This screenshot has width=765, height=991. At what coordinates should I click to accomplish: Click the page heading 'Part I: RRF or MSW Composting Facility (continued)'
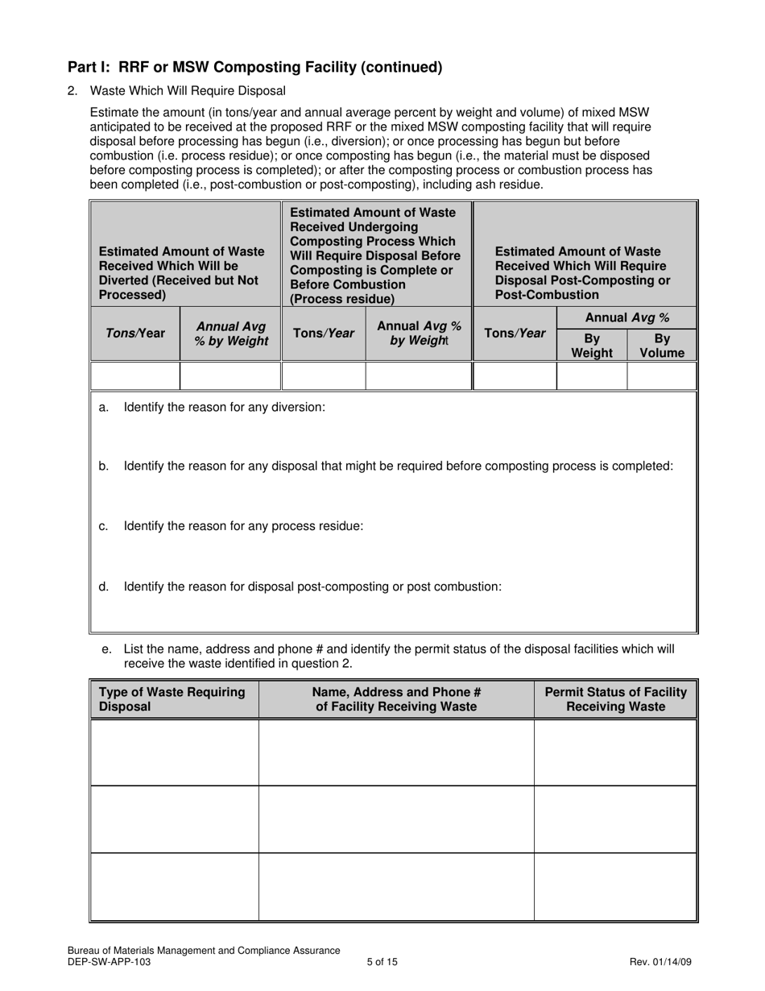pyautogui.click(x=254, y=68)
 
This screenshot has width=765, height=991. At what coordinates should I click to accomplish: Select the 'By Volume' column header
pyautogui.click(x=662, y=346)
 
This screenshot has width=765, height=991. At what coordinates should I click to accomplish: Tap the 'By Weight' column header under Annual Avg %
pyautogui.click(x=591, y=346)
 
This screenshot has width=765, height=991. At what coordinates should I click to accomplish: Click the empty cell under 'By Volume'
pyautogui.click(x=661, y=375)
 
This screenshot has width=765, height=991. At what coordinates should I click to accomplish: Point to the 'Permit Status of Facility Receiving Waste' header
pyautogui.click(x=615, y=699)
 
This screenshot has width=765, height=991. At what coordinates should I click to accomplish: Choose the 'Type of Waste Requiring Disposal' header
pyautogui.click(x=173, y=699)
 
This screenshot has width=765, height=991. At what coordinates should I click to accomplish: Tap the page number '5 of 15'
pyautogui.click(x=382, y=961)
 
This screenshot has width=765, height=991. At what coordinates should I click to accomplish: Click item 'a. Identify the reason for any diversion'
pyautogui.click(x=224, y=408)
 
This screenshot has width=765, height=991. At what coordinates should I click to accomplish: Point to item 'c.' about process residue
pyautogui.click(x=242, y=526)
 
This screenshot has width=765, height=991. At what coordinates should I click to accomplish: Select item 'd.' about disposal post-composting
pyautogui.click(x=312, y=587)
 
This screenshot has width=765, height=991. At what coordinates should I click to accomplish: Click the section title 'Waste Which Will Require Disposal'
pyautogui.click(x=187, y=91)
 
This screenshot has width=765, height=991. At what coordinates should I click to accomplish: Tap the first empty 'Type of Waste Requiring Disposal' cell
pyautogui.click(x=174, y=753)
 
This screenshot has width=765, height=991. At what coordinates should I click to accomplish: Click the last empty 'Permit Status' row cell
pyautogui.click(x=615, y=886)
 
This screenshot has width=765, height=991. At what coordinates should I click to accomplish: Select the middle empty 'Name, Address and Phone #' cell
pyautogui.click(x=395, y=819)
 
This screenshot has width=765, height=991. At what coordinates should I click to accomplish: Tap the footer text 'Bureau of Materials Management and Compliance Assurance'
pyautogui.click(x=204, y=951)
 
